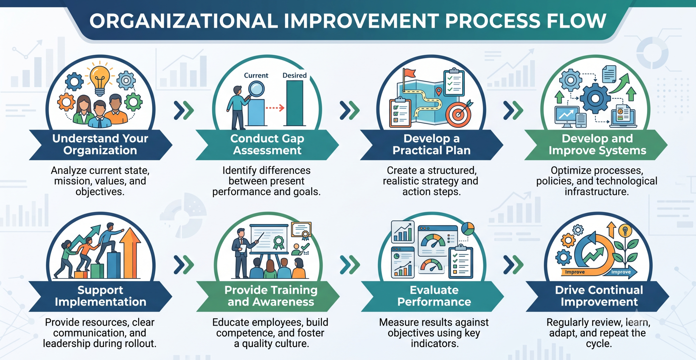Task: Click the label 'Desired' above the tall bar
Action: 294,75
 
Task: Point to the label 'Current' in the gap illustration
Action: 256,75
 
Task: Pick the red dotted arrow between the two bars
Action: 275,108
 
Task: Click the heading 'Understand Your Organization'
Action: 100,144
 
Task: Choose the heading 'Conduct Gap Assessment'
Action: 267,144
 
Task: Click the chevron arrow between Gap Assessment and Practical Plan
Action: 350,110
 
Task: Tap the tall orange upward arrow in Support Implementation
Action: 130,253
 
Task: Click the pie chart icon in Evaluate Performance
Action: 468,229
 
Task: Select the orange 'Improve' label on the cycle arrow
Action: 575,272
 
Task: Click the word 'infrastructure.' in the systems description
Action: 597,192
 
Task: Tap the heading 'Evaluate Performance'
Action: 434,296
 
